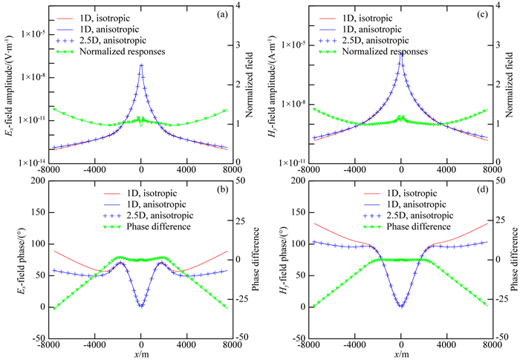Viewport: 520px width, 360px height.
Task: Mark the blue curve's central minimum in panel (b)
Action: (141, 306)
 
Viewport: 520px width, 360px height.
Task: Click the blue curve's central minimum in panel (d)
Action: (401, 307)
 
